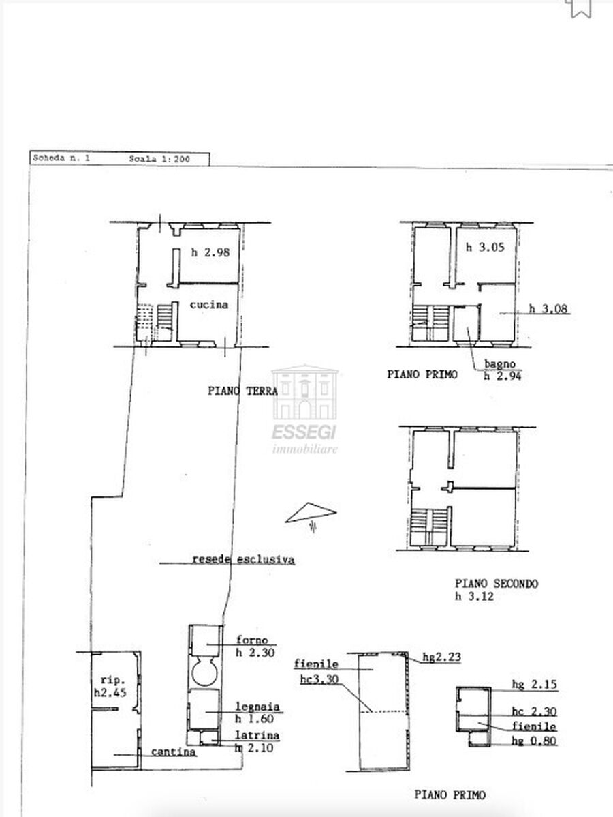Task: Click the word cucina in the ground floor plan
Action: (208, 305)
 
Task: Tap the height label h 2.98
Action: (210, 253)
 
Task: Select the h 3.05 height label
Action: (485, 247)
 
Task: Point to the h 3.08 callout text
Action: (548, 308)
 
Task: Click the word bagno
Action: (499, 364)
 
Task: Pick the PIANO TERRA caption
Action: (242, 391)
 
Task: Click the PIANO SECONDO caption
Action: (497, 584)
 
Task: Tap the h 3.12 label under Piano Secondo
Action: (474, 596)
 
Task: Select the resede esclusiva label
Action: (244, 560)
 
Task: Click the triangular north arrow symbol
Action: (311, 512)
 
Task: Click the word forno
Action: (252, 640)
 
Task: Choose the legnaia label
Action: (257, 707)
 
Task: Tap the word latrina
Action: (257, 736)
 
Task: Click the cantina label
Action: (174, 752)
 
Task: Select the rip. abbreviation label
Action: (113, 680)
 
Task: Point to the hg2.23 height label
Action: (441, 657)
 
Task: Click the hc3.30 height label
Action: (319, 679)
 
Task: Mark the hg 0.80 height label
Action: (534, 741)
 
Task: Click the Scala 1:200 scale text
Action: (159, 160)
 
